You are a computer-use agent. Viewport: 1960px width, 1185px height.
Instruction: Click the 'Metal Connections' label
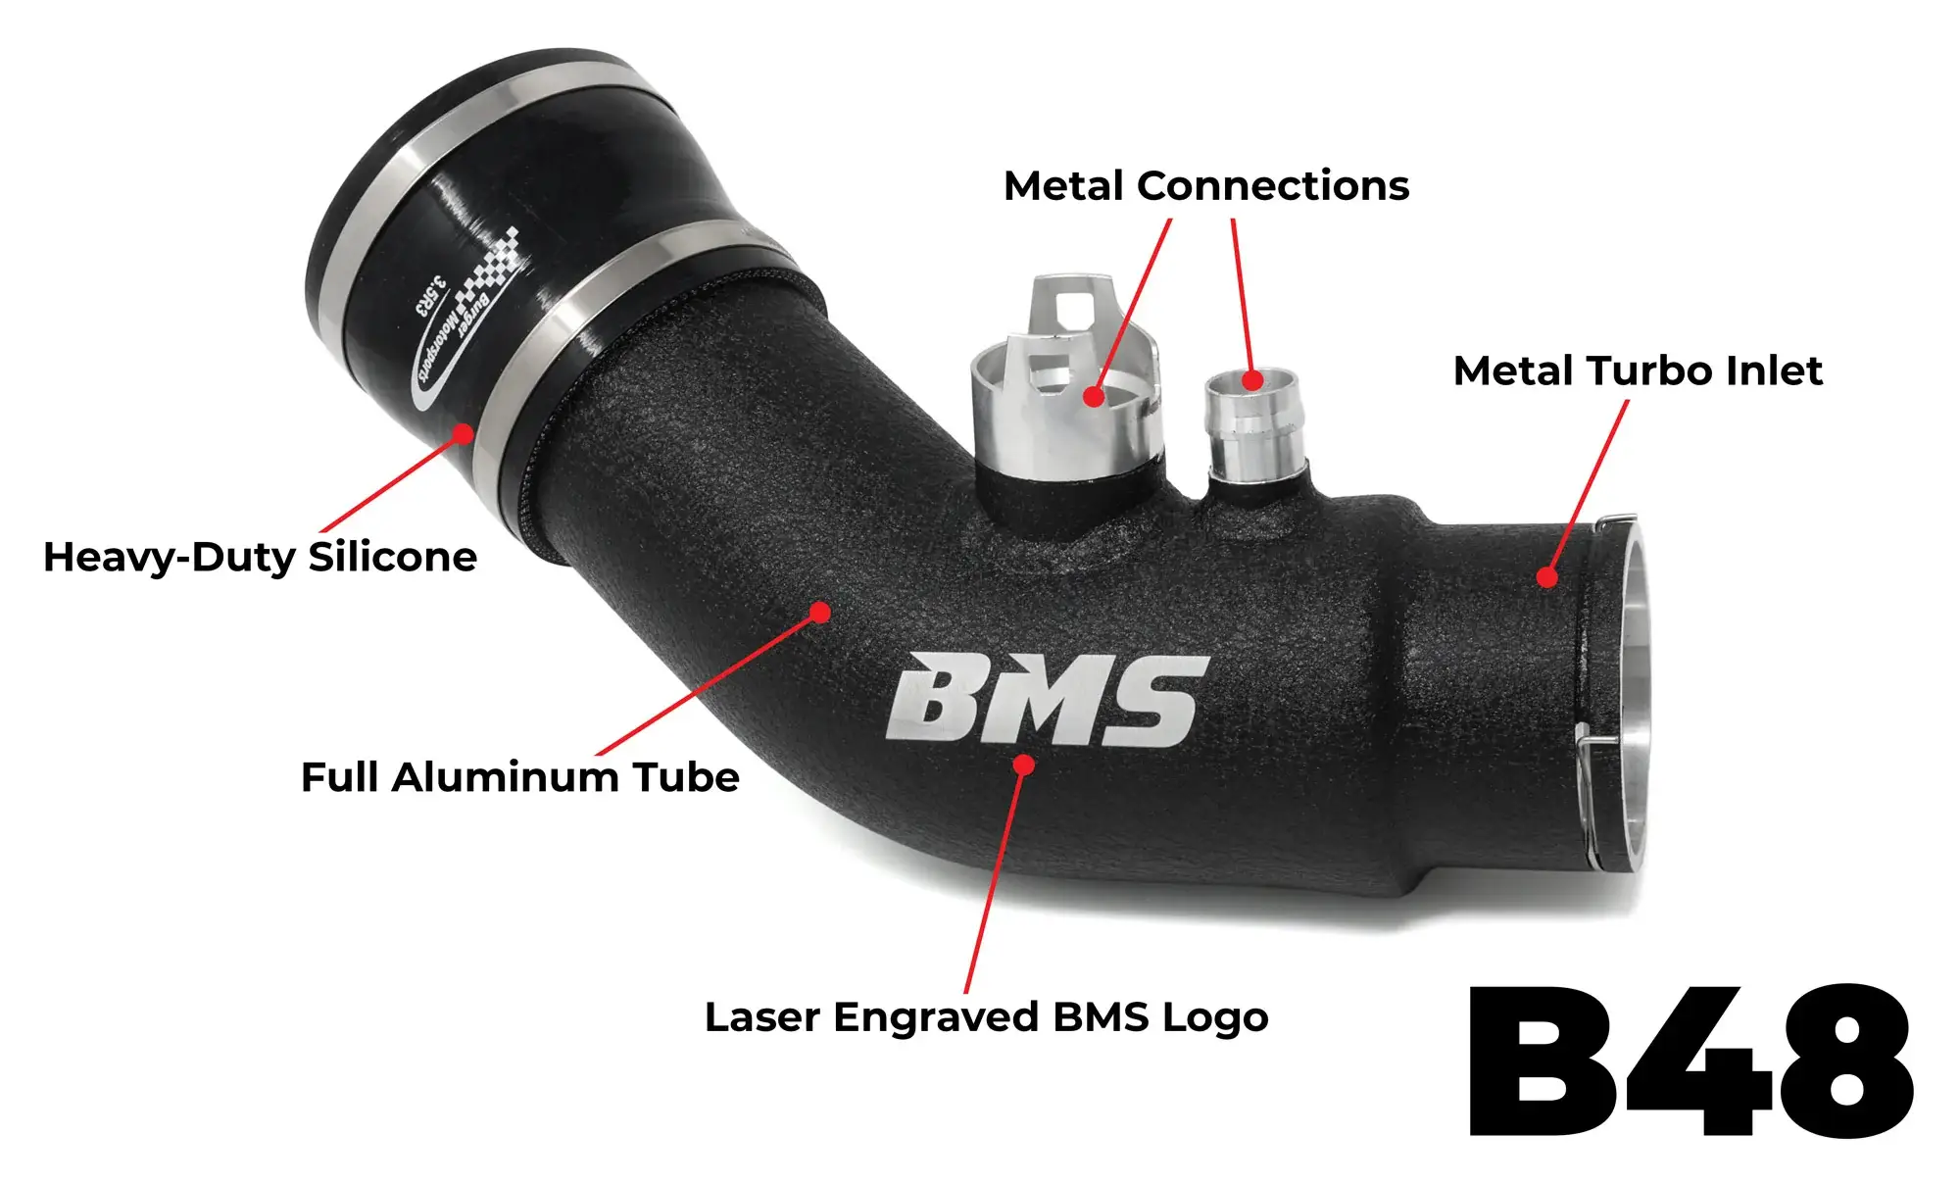1206,185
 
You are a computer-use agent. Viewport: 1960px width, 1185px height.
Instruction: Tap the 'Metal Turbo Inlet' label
1638,370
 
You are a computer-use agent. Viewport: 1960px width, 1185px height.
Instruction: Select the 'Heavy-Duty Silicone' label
260,557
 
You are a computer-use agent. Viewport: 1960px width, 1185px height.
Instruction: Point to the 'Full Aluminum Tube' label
519,777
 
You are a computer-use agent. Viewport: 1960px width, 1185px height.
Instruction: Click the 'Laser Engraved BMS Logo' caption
987,1017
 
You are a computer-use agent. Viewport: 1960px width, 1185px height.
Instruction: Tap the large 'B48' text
1690,1061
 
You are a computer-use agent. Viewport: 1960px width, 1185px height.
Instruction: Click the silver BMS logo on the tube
1048,699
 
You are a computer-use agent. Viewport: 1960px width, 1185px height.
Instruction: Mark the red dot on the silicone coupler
463,433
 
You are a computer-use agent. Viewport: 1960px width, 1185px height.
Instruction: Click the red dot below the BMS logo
1024,764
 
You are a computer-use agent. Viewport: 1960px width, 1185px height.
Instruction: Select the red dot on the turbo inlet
1546,576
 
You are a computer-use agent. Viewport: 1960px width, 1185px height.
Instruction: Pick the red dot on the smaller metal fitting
1252,379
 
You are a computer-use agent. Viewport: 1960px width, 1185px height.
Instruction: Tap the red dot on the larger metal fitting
1094,396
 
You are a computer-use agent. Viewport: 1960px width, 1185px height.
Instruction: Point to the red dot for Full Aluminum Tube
820,613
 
